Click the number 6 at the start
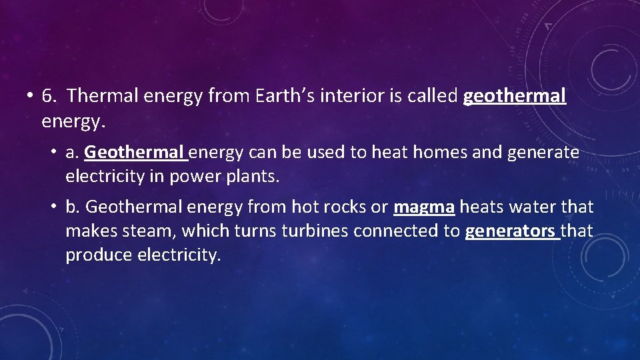48,97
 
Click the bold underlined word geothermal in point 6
514,97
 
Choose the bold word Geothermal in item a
135,153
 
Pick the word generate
543,153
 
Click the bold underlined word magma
425,207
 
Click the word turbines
315,231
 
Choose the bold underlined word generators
511,232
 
